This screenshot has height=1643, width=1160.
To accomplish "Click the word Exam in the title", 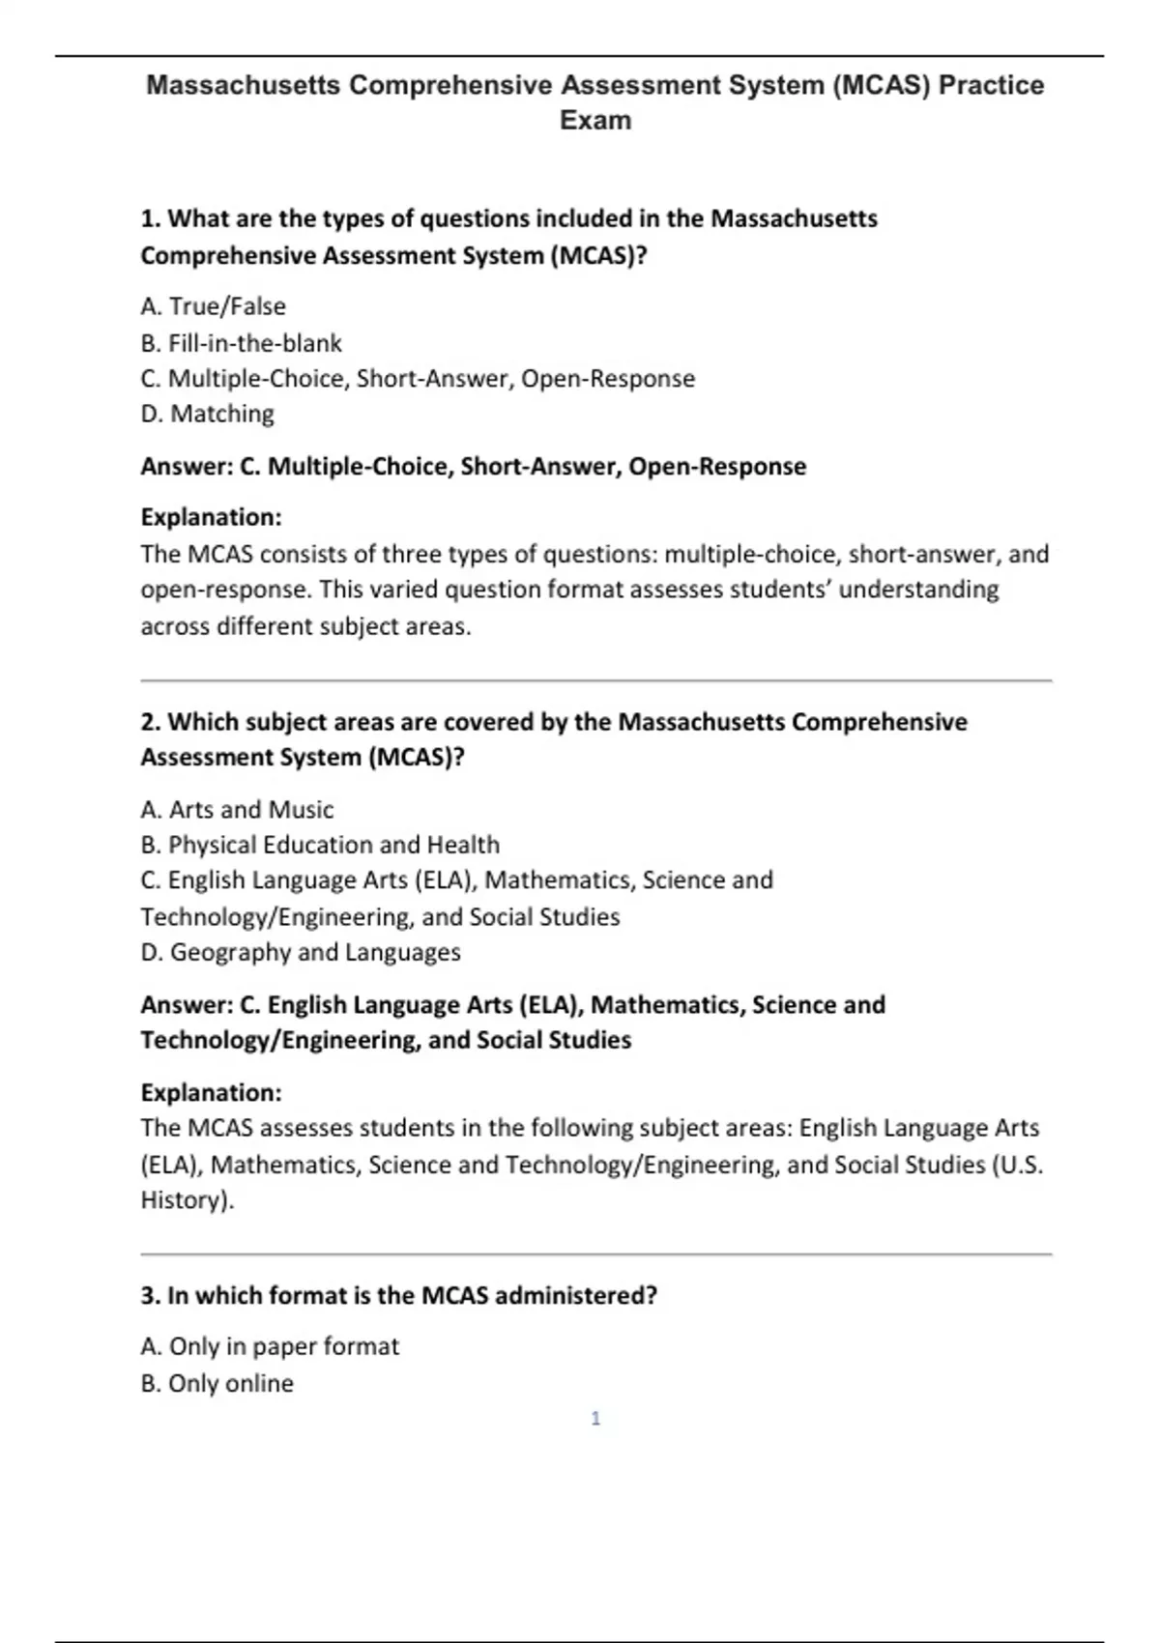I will (595, 121).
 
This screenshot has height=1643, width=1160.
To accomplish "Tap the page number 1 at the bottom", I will (595, 1418).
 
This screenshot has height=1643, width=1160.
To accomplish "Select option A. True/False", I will (213, 306).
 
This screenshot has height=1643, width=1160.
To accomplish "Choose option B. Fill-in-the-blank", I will (241, 343).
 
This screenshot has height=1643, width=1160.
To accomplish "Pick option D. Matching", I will (207, 414).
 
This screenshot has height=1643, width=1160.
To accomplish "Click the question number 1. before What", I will (150, 219).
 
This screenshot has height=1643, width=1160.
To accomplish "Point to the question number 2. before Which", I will (150, 722).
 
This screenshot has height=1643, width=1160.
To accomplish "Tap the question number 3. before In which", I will (150, 1295).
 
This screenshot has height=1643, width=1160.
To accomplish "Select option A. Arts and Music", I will (237, 809).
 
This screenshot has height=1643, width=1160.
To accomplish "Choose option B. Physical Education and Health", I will (320, 845).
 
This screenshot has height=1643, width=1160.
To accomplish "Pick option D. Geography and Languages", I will (300, 952).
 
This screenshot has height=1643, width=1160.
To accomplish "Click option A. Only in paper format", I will (270, 1346).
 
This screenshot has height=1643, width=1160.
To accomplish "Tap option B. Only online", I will (217, 1383).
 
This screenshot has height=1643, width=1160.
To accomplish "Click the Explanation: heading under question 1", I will (211, 517).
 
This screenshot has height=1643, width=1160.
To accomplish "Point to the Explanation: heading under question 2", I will (211, 1092).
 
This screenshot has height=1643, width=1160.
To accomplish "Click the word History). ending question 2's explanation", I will (188, 1200).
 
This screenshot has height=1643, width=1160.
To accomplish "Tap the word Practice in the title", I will (992, 86).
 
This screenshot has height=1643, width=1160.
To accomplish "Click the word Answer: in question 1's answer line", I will (187, 466).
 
